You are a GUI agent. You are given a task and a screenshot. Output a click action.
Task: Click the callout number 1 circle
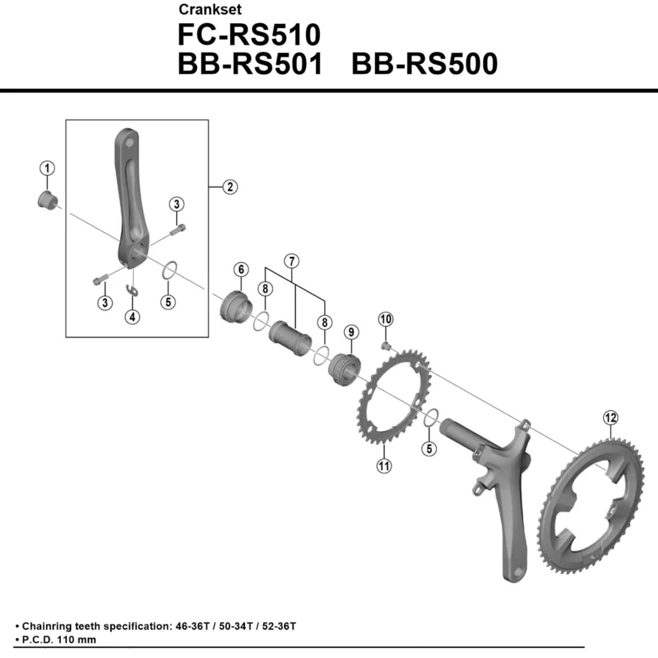coord(47,168)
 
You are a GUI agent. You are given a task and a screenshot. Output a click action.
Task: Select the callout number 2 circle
coord(230,187)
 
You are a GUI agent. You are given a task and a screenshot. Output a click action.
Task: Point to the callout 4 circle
coord(132,316)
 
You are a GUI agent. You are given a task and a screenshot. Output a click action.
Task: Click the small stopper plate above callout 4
coord(132,291)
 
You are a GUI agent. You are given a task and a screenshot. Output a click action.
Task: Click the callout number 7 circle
coord(291,261)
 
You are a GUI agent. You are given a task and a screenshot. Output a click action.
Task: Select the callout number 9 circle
coord(351,332)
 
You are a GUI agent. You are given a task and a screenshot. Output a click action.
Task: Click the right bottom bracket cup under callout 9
coord(344,368)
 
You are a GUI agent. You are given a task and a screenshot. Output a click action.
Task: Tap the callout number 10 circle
coord(385,319)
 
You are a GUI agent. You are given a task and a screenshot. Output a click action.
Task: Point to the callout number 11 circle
coord(384,466)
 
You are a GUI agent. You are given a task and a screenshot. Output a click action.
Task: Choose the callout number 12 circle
coord(610,418)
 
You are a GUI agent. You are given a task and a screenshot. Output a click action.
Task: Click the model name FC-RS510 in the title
coord(249,35)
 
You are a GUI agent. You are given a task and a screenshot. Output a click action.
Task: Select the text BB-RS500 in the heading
coord(424,64)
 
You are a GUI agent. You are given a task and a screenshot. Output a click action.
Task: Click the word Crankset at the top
coord(210,9)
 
